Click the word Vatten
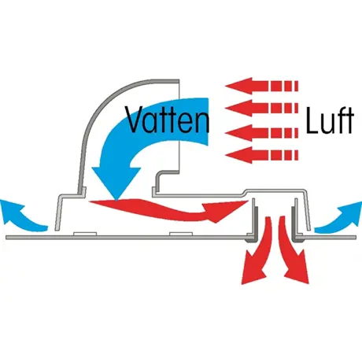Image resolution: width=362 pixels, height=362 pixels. (168, 120)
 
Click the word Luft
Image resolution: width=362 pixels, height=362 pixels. (330, 121)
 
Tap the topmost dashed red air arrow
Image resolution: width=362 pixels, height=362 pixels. (261, 86)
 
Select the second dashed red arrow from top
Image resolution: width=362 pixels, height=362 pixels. (261, 108)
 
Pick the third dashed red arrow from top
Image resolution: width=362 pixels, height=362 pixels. (261, 133)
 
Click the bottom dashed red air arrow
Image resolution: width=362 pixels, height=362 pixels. (261, 155)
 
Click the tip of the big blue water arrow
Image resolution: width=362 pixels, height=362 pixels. (116, 201)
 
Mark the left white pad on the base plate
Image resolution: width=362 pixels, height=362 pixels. (85, 234)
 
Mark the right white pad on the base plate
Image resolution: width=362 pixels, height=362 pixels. (181, 234)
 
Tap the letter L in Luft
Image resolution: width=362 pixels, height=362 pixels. (312, 120)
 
